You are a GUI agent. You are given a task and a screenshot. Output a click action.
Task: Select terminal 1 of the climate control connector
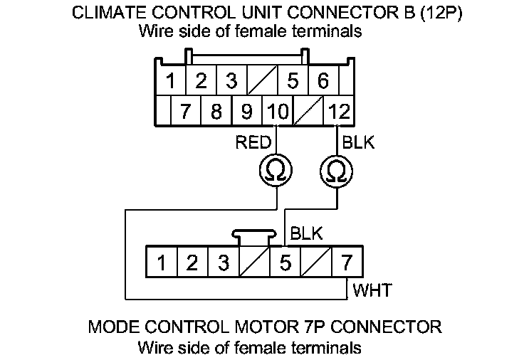pyautogui.click(x=171, y=81)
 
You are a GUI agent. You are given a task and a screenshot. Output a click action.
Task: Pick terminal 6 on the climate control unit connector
pyautogui.click(x=323, y=81)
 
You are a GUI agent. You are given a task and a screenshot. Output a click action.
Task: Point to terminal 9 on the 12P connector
pyautogui.click(x=247, y=112)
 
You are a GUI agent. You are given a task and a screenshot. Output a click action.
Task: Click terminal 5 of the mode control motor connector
pyautogui.click(x=285, y=263)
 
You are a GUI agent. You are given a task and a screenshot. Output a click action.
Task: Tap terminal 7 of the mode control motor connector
pyautogui.click(x=347, y=263)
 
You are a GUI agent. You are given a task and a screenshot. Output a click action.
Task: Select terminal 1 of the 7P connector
pyautogui.click(x=162, y=263)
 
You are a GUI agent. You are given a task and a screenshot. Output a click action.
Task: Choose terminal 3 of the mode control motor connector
pyautogui.click(x=224, y=263)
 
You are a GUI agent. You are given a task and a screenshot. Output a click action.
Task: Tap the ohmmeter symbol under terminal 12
pyautogui.click(x=336, y=171)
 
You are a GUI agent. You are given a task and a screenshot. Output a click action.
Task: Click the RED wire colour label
pyautogui.click(x=253, y=143)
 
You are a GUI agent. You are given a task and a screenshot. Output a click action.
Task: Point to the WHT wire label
pyautogui.click(x=370, y=290)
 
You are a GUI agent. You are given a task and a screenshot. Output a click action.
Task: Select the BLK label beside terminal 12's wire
pyautogui.click(x=359, y=143)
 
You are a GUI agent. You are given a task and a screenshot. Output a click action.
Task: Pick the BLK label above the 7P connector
pyautogui.click(x=307, y=233)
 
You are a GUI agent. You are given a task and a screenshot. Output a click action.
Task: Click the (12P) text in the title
pyautogui.click(x=439, y=13)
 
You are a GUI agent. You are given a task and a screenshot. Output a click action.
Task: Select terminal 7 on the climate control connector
pyautogui.click(x=187, y=112)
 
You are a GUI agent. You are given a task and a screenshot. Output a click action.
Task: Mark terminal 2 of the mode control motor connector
pyautogui.click(x=192, y=263)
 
